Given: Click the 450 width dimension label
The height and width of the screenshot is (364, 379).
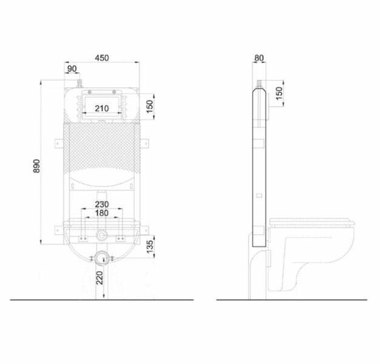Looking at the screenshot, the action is coord(102,58).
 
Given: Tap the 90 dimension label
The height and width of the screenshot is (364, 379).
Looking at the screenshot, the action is coord(72,69).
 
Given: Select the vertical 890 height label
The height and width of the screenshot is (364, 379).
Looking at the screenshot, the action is coord(37,166).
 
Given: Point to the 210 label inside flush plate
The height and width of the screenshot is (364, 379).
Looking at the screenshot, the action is coord(102,109).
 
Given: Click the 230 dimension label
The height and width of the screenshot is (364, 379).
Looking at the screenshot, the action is coord(102,204).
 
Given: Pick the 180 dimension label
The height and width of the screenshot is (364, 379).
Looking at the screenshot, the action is coord(102,213).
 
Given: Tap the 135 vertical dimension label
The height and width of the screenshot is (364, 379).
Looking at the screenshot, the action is coord(150,246).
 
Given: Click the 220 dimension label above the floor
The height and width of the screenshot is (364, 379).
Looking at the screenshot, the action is coord(99,278).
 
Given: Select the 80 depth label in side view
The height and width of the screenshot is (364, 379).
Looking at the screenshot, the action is coord(259,58).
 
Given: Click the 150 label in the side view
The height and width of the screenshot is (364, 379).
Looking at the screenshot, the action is coord(279,93).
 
